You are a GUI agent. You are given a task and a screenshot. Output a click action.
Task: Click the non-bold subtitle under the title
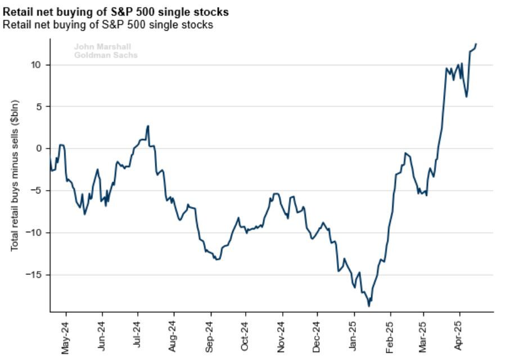107,25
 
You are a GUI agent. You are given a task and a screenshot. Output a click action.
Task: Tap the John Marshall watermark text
102,47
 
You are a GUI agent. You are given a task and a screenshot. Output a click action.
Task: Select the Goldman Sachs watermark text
106,55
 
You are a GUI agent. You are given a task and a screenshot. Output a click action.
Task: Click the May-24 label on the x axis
66,336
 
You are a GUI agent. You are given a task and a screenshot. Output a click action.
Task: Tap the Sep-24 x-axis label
210,336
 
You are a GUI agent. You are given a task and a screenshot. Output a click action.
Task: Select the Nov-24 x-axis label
282,336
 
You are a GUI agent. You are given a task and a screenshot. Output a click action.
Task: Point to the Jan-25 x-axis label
354,336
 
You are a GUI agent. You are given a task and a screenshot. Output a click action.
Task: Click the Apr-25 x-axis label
459,336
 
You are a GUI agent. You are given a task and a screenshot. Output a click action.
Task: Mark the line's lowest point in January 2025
369,306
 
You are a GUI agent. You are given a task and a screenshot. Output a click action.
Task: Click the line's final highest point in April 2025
476,44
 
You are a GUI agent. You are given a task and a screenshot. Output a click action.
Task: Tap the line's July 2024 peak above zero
148,126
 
